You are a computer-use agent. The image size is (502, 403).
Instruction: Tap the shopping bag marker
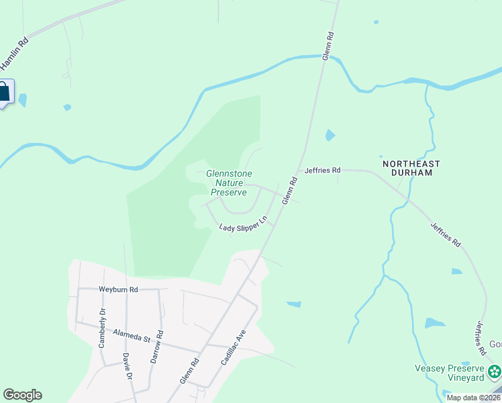4,92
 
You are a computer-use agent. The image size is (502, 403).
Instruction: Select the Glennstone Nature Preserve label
229,183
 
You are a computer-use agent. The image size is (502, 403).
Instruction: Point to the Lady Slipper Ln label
244,224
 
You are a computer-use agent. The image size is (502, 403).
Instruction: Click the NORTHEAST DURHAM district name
411,168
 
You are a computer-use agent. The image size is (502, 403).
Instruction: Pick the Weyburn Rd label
118,289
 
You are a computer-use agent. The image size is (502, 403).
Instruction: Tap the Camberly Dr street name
103,328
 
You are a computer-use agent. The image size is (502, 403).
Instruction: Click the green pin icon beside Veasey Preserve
495,371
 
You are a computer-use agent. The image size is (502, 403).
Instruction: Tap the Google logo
22,395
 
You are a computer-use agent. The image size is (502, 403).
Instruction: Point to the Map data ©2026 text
473,398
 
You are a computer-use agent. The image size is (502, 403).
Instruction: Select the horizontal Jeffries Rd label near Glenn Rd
323,171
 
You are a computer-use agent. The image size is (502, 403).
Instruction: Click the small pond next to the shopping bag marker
23,100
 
